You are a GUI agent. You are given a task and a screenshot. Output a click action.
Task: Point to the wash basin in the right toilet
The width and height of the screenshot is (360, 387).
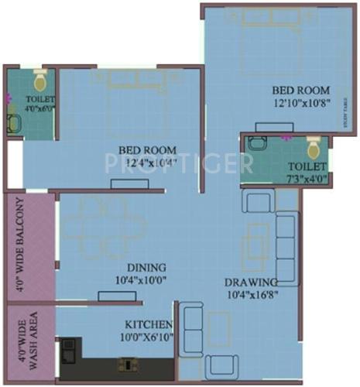[258, 142]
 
